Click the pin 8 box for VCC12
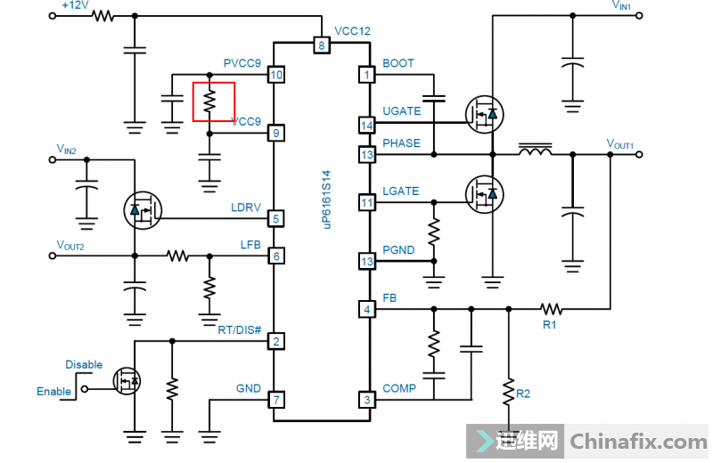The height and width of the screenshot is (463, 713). (x=321, y=45)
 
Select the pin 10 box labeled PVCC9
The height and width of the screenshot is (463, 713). (x=276, y=75)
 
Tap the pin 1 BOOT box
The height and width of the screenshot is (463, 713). (x=365, y=75)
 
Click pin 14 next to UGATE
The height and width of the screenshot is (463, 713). (x=365, y=125)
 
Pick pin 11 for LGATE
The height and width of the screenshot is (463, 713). (x=365, y=203)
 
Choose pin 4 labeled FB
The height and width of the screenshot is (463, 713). (x=365, y=310)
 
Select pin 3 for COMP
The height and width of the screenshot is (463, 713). (x=365, y=399)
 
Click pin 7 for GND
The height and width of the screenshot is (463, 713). (x=276, y=399)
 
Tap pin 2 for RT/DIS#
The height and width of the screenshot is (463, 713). (x=276, y=341)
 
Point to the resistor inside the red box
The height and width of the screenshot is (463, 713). (x=209, y=102)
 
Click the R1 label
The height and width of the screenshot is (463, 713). (x=550, y=325)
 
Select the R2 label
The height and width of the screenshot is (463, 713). (x=524, y=393)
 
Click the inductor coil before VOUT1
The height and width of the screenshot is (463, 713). (x=535, y=152)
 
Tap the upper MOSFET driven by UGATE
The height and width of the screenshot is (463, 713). (x=484, y=113)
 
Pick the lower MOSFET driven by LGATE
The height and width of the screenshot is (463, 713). (x=484, y=191)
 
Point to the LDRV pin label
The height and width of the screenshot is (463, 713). (x=246, y=208)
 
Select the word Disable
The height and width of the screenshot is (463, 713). (x=84, y=364)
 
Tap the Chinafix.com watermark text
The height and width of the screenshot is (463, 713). (x=638, y=441)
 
